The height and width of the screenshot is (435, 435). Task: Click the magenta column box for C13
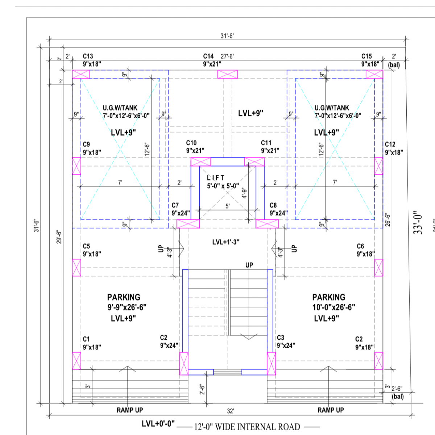tap(80, 74)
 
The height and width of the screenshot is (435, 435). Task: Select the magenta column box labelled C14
tap(228, 74)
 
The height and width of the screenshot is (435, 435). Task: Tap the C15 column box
tap(374, 74)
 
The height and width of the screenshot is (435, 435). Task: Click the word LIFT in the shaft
tap(216, 178)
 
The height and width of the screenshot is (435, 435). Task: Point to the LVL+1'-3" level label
tap(226, 242)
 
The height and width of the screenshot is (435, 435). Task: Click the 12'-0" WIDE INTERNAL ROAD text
tap(247, 427)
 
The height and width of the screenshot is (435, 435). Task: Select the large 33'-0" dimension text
tap(418, 223)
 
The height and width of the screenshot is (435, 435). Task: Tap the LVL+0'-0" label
tap(158, 423)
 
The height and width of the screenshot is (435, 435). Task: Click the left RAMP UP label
tap(130, 410)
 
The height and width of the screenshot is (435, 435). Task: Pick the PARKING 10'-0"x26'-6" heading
tap(333, 302)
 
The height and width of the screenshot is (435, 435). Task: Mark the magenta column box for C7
tap(188, 224)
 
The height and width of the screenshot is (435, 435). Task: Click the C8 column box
tap(267, 224)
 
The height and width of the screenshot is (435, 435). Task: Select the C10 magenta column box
tap(201, 162)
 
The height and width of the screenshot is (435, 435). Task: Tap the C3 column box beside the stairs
tap(272, 364)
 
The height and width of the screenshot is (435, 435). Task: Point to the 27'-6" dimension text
tap(227, 57)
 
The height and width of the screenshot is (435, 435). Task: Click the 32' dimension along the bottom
tap(230, 411)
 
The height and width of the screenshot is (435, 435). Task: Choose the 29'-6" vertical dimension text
tap(59, 237)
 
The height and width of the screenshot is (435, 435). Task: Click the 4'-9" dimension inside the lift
tap(244, 193)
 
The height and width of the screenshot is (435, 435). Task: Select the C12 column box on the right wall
tap(378, 166)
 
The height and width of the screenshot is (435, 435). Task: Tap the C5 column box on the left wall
tap(76, 268)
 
